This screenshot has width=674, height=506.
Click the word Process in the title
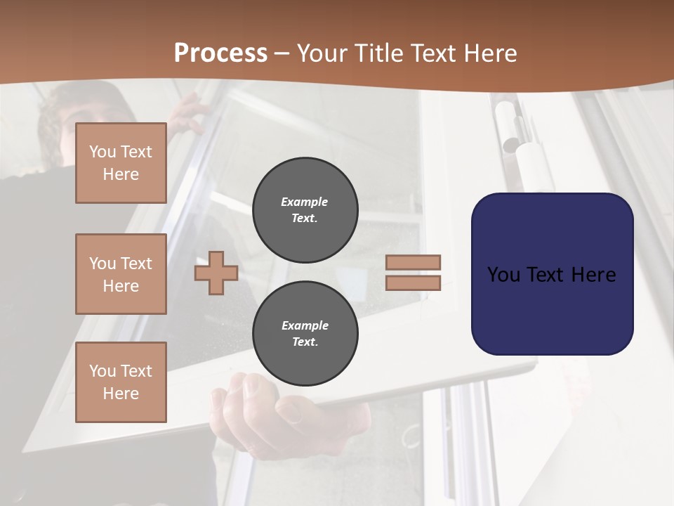220,53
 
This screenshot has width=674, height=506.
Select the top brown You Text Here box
121,163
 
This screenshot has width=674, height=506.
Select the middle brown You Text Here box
121,274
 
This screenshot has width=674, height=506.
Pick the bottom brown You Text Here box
121,382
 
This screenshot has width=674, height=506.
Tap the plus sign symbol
216,273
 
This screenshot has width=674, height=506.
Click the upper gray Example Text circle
305,210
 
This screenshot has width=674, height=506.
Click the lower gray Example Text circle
305,334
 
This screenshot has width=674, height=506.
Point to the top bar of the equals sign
414,262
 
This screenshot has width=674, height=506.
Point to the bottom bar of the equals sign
414,283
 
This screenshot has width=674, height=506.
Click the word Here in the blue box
593,275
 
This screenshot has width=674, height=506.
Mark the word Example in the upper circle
305,202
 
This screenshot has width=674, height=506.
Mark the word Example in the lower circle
305,325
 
